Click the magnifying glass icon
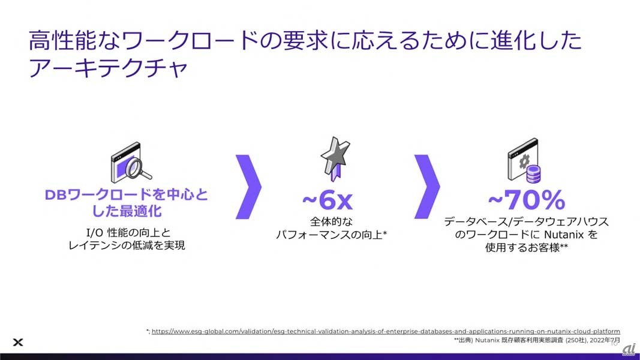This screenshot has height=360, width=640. [137, 168]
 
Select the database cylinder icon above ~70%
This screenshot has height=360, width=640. [533, 174]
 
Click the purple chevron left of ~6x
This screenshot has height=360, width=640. [248, 187]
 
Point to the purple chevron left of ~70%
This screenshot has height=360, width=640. [427, 187]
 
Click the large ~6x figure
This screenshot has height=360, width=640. [327, 200]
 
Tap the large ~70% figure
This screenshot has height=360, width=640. [527, 200]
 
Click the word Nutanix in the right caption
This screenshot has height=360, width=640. [564, 235]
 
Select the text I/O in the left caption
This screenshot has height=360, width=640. [95, 233]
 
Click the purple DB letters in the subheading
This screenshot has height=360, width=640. [55, 195]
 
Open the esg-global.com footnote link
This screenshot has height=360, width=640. [386, 331]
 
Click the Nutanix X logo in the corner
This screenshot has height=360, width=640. [18, 342]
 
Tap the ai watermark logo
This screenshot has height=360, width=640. [629, 349]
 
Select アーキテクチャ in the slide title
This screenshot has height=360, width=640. [108, 68]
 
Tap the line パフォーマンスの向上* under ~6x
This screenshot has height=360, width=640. [331, 235]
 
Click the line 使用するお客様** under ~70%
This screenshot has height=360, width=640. [527, 247]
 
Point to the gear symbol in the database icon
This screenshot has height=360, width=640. [524, 161]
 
